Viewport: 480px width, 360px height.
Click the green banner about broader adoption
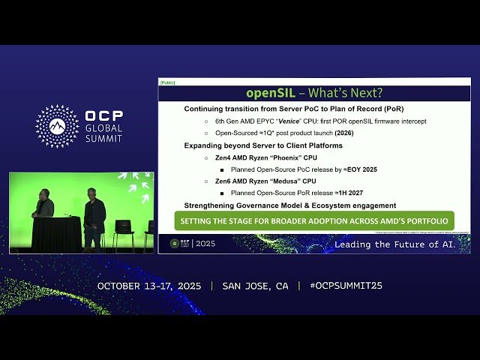314,220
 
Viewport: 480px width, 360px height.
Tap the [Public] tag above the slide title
167,82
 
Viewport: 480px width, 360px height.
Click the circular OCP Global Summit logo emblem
57,125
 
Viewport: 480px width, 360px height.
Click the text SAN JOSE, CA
255,286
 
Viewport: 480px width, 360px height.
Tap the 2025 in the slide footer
205,244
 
